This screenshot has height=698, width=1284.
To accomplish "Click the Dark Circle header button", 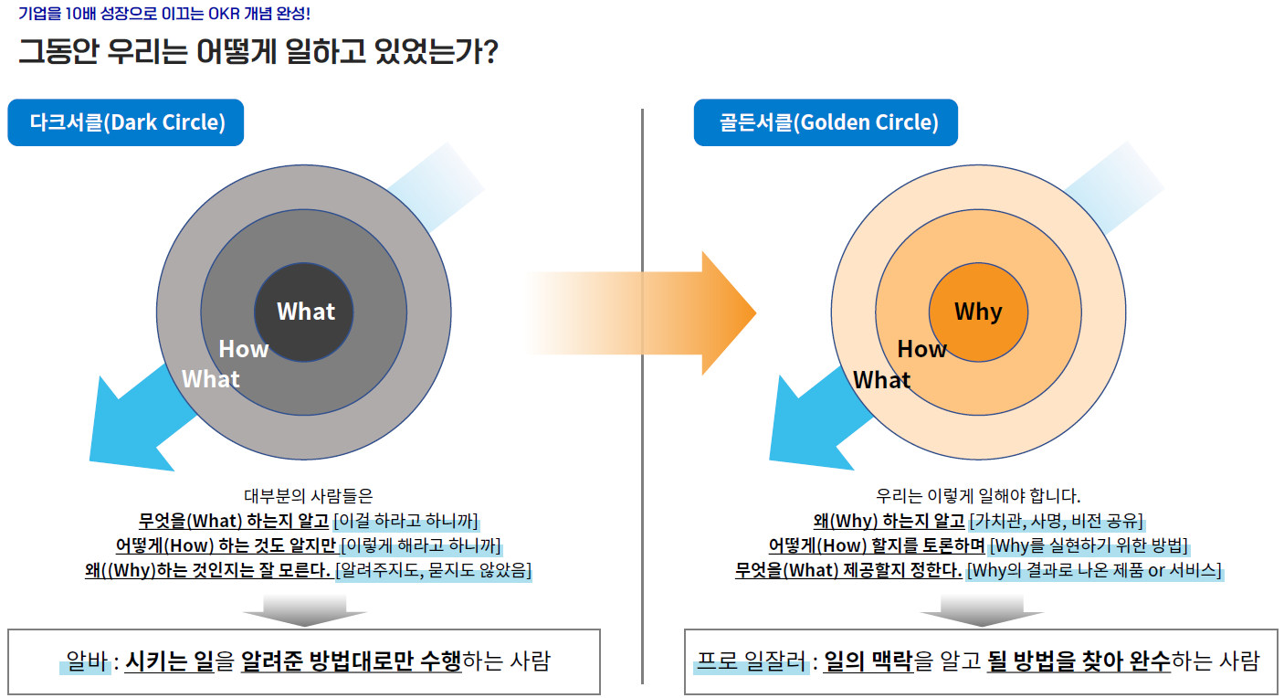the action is coord(125,122).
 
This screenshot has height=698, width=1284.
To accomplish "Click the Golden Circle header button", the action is coord(826,122).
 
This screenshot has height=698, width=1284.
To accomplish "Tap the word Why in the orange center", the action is coord(978,312).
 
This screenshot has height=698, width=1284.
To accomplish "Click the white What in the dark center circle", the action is coord(306,312).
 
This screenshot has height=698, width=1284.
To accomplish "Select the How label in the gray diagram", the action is coord(244,349).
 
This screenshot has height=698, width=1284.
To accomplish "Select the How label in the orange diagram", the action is coord(921,349).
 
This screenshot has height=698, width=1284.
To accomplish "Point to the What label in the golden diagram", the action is coord(881,380).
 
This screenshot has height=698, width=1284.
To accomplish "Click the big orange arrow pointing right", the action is coord(641,313).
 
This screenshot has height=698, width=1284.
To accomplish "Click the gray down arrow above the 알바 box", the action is coord(304,611).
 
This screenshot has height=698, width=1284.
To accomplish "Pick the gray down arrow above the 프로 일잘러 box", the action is coord(982,611).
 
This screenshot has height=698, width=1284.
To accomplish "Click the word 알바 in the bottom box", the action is coord(87,661).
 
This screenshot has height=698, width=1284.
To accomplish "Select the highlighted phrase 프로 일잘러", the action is coord(752,661).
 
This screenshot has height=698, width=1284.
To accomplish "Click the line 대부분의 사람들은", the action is coord(309,495).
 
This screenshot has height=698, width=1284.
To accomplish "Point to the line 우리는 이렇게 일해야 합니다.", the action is coord(978,495).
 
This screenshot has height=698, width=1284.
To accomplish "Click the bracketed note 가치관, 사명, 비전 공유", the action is coord(1056,521).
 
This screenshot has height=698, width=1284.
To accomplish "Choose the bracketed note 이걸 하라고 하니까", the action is coord(405,521).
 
